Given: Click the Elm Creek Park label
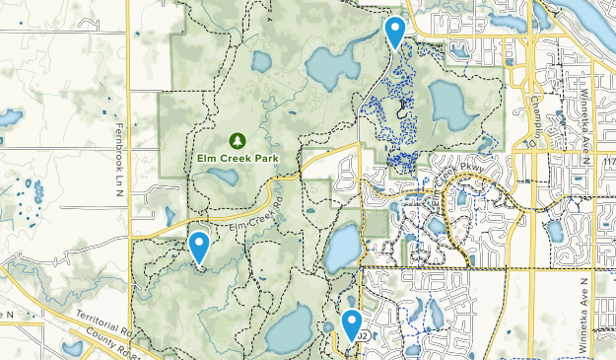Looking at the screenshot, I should coord(238,158).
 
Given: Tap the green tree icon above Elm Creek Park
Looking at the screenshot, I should coord(237,141).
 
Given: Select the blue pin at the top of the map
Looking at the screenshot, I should coord(395,33).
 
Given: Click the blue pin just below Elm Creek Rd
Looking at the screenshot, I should coord(199,247).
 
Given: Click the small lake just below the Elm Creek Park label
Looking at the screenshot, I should coord(222,178).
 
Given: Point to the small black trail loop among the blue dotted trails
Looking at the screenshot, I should coord(402,112).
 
